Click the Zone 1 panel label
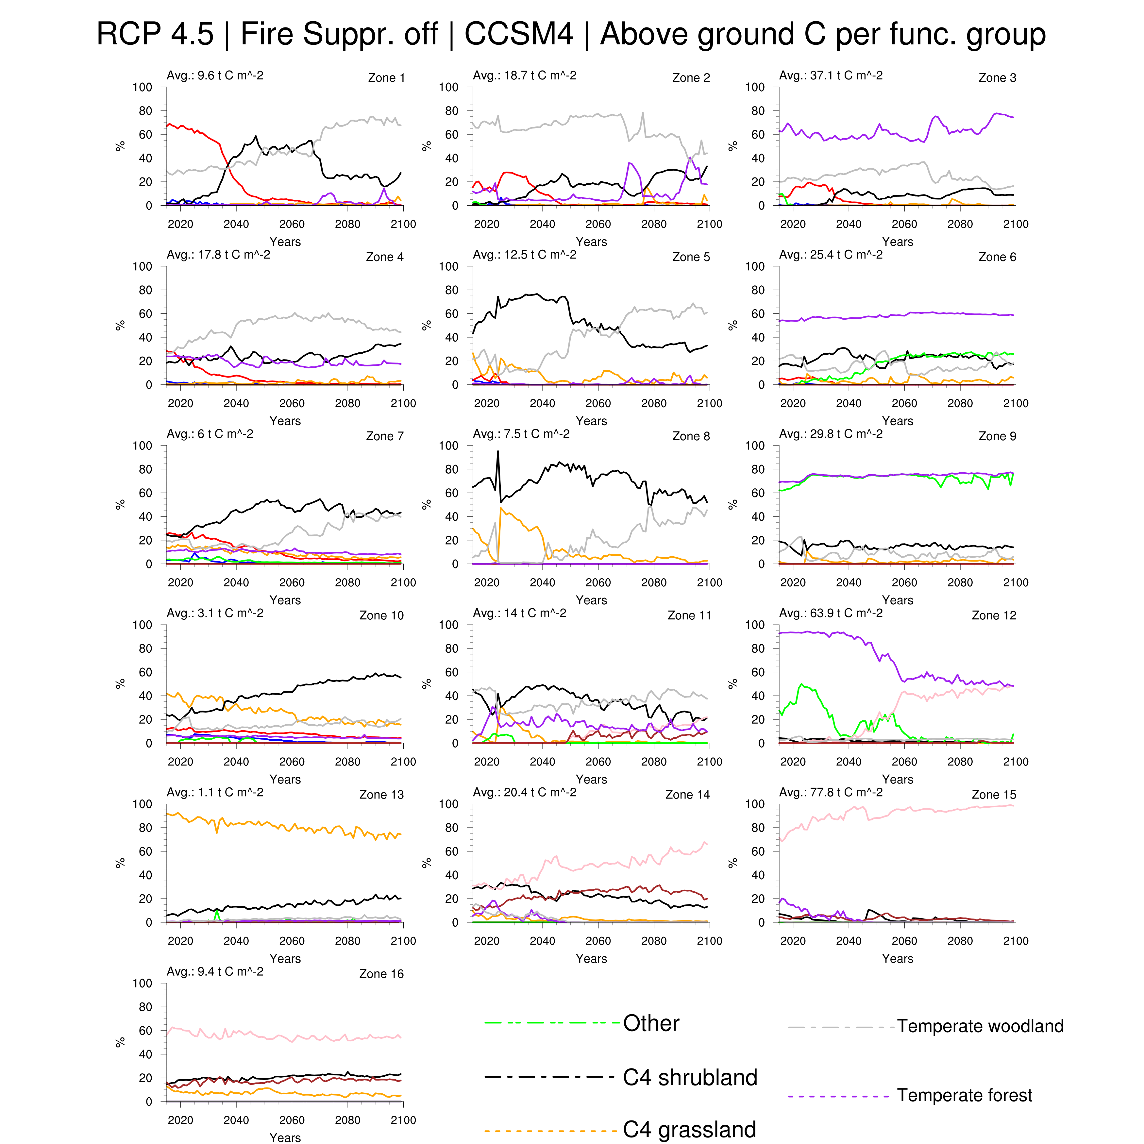pos(386,77)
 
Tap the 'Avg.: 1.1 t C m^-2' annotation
pos(215,792)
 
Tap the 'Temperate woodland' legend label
pos(980,1026)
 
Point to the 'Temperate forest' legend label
pos(964,1095)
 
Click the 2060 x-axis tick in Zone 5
pos(598,403)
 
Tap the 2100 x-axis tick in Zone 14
pos(709,941)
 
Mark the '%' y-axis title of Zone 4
pos(120,325)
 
